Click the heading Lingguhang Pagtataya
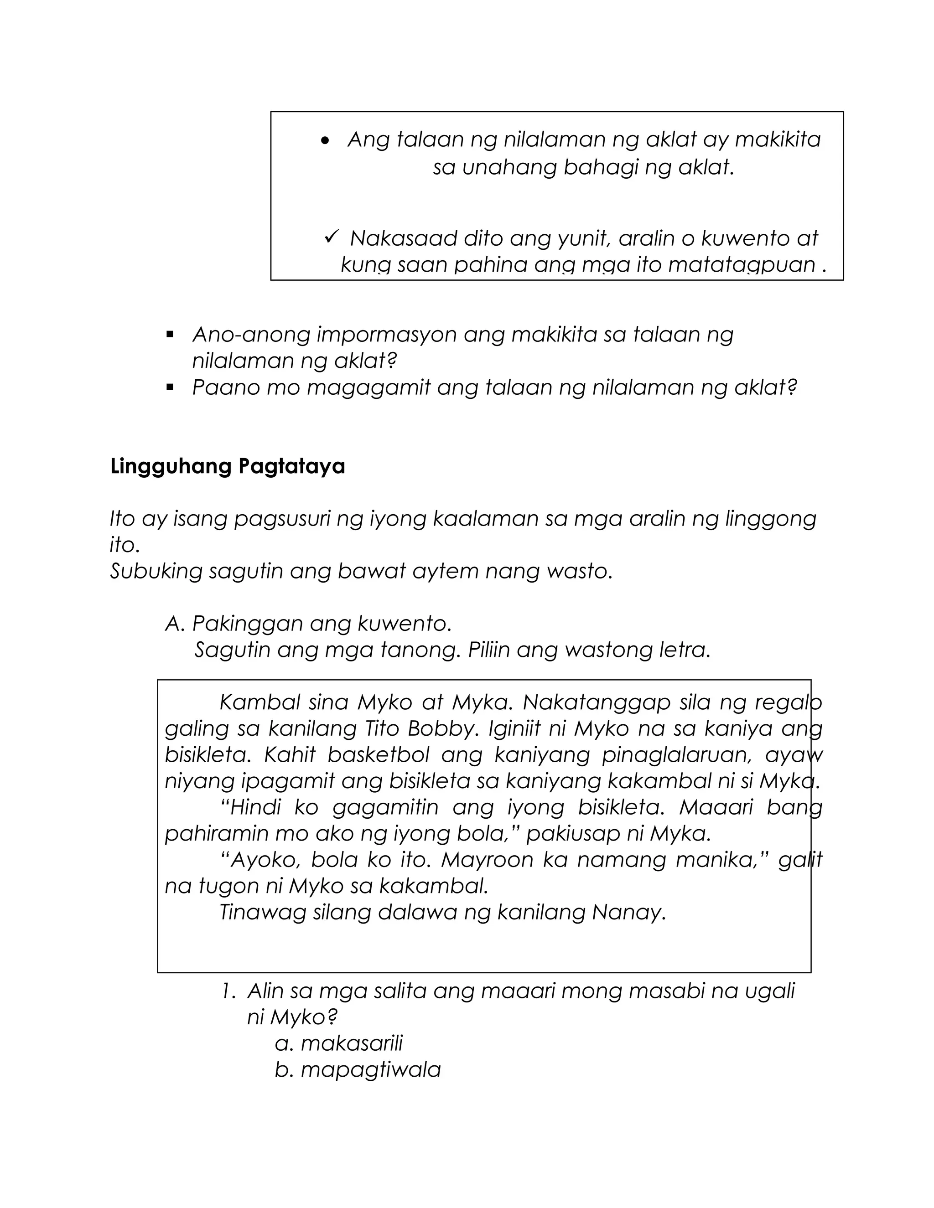[x=228, y=466]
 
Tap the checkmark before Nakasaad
[x=331, y=238]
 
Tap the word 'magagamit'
[x=368, y=388]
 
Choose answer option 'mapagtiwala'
[x=370, y=1070]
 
